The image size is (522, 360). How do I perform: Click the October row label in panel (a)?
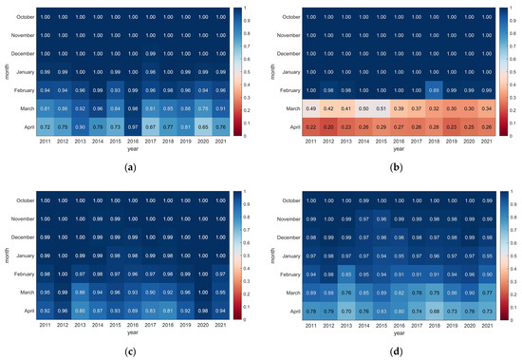[23, 16]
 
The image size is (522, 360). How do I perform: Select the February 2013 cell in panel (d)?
[343, 274]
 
